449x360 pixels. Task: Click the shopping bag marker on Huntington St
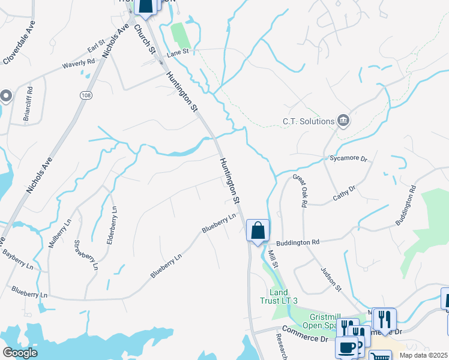[258, 230]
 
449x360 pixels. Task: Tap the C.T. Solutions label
[308, 121]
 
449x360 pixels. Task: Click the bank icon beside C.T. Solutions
[343, 121]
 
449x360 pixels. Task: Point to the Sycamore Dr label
[348, 158]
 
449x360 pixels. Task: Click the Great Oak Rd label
[300, 191]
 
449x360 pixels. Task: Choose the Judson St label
[331, 279]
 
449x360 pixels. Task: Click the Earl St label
[96, 50]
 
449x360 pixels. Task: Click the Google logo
[20, 353]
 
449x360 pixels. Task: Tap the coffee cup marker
[346, 347]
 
